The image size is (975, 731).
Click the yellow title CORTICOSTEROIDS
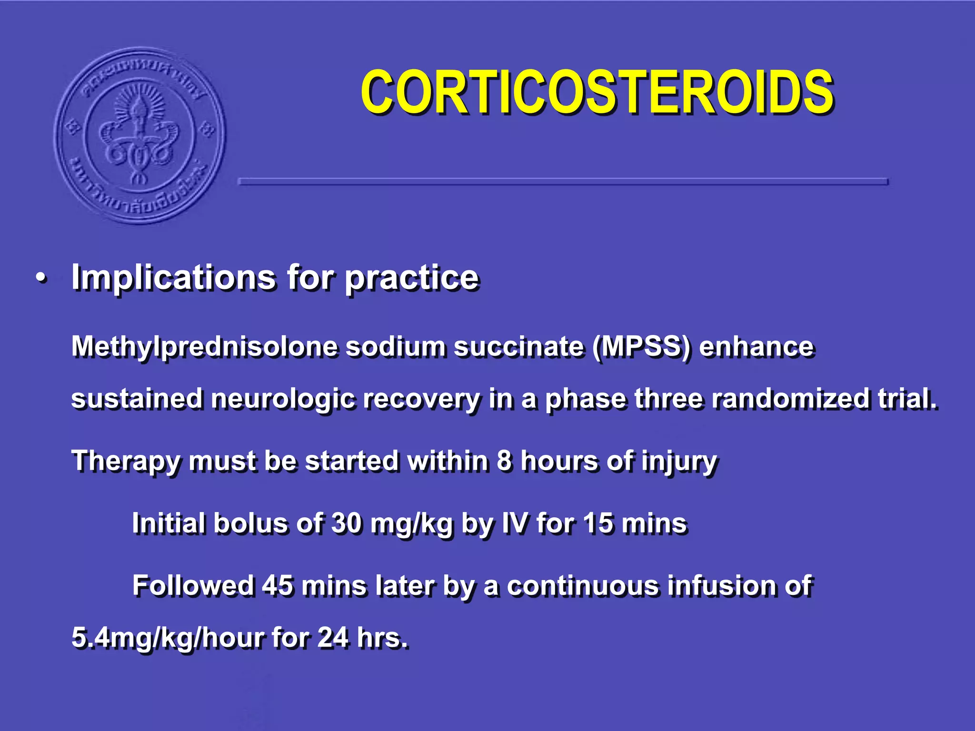pyautogui.click(x=597, y=91)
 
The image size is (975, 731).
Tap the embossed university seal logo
pyautogui.click(x=140, y=136)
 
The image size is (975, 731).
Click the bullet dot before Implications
pyautogui.click(x=42, y=278)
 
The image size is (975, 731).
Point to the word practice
pyautogui.click(x=411, y=278)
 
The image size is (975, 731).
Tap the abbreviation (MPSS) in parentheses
pyautogui.click(x=641, y=346)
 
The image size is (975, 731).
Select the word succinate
pyautogui.click(x=518, y=346)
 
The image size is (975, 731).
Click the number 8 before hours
pyautogui.click(x=504, y=461)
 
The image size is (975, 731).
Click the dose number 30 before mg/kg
pyautogui.click(x=346, y=524)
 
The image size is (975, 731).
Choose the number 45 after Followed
pyautogui.click(x=277, y=585)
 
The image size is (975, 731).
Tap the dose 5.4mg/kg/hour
pyautogui.click(x=167, y=638)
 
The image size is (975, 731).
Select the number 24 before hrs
pyautogui.click(x=332, y=638)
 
